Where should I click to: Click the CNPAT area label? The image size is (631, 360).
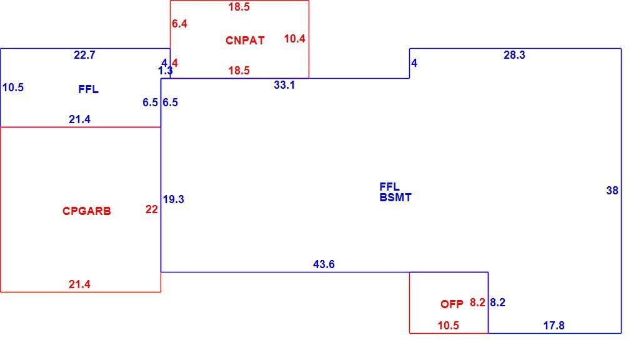(x=245, y=40)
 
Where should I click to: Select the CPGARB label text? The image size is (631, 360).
(x=86, y=211)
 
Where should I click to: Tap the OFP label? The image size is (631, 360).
(x=452, y=304)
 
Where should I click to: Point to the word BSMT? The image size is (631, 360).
(x=395, y=197)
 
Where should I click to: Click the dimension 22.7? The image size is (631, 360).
(x=84, y=55)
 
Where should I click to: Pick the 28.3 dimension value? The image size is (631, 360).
(x=514, y=55)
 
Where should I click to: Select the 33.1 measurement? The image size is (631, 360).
(x=284, y=85)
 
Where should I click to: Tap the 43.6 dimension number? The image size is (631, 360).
(x=324, y=264)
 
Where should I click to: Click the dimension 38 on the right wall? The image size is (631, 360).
(x=612, y=191)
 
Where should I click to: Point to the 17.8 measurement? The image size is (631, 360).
(x=554, y=326)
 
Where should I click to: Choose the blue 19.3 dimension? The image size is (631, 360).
(x=174, y=199)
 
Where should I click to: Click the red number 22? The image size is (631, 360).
(x=152, y=209)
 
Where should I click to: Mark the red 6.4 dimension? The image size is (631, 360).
(x=179, y=24)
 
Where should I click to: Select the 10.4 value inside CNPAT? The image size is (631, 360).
(x=295, y=39)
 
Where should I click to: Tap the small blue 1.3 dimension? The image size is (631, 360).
(x=166, y=71)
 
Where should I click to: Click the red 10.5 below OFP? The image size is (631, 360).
(x=449, y=326)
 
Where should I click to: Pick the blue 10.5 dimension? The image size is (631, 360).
(x=13, y=87)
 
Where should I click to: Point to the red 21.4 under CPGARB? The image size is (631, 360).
(x=79, y=284)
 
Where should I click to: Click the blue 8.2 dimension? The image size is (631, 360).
(x=497, y=302)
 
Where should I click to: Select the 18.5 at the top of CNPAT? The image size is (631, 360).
(x=239, y=7)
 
